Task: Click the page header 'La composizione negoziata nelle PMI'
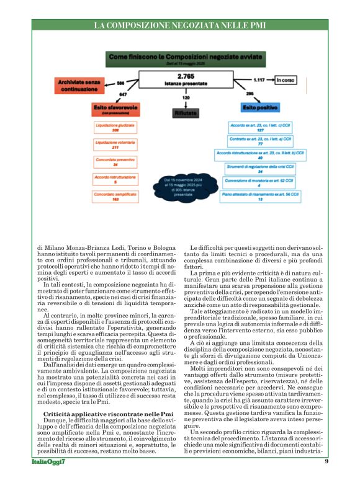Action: click(179, 25)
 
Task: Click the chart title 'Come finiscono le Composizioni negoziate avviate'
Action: click(181, 56)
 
